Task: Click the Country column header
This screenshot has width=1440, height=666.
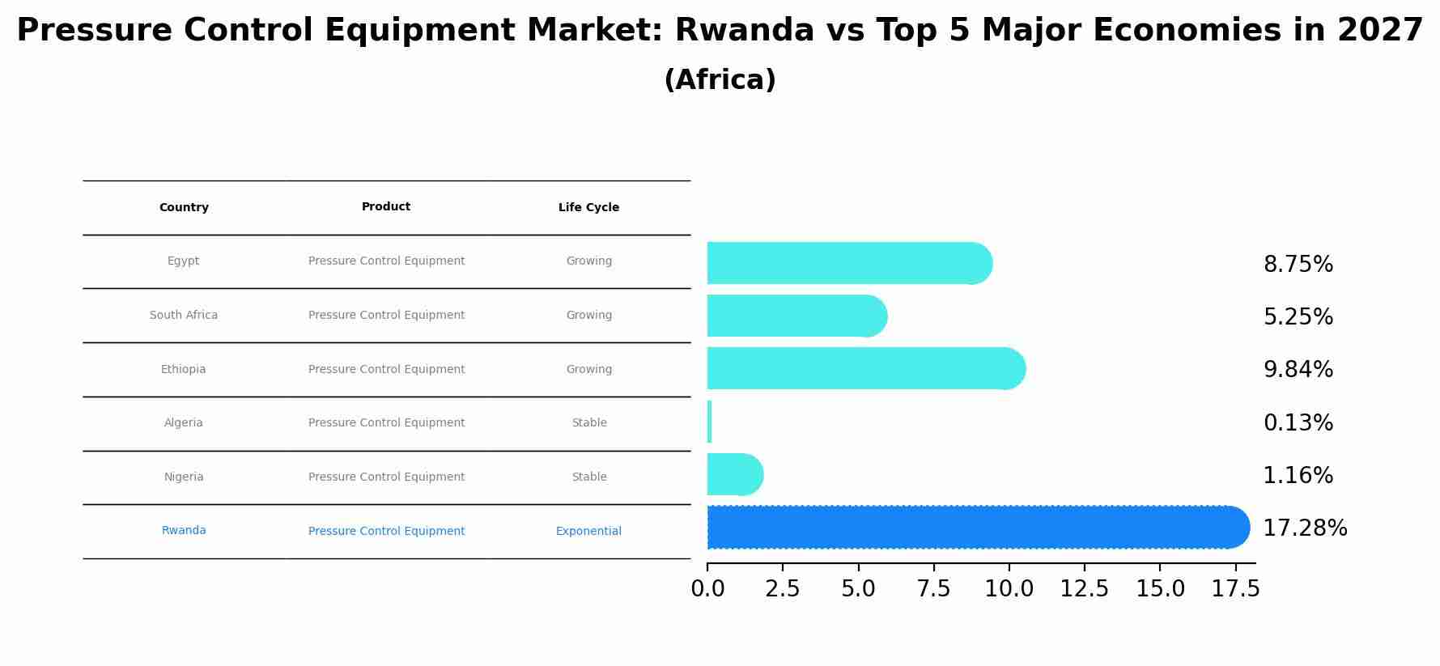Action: click(184, 207)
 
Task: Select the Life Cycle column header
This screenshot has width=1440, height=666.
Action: click(588, 207)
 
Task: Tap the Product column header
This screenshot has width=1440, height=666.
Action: click(386, 206)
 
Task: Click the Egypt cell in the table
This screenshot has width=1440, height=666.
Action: click(183, 261)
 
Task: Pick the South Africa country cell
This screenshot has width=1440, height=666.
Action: click(184, 315)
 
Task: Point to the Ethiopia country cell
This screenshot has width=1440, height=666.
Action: click(183, 369)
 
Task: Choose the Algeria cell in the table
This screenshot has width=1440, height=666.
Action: click(184, 422)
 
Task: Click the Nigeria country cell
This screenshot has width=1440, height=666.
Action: click(184, 477)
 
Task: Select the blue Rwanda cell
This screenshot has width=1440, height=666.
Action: click(184, 530)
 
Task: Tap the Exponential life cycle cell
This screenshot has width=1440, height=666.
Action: click(588, 531)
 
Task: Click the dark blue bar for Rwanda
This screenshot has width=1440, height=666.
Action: click(971, 527)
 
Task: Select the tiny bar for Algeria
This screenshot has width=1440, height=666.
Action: click(709, 422)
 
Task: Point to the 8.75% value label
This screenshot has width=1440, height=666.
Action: click(1298, 265)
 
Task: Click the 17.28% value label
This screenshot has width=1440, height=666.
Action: click(1305, 528)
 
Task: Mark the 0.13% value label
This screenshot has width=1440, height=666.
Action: click(1298, 422)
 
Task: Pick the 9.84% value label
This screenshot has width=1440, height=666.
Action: click(1298, 370)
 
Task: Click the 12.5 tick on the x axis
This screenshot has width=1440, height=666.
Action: click(1084, 589)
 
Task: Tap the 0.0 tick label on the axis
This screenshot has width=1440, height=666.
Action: click(707, 589)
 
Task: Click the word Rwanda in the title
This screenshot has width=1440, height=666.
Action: click(744, 31)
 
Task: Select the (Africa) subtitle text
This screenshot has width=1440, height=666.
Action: click(720, 80)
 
